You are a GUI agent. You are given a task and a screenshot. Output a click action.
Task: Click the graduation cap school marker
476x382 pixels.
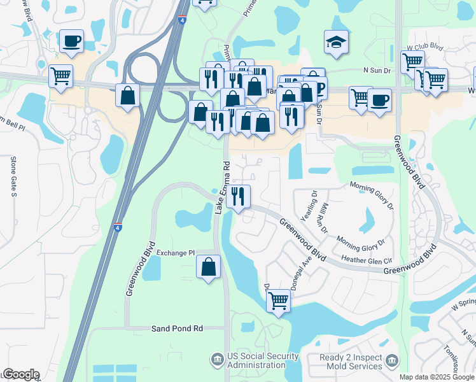[336, 41]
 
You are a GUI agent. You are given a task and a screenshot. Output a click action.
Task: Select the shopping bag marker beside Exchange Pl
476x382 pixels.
[209, 267]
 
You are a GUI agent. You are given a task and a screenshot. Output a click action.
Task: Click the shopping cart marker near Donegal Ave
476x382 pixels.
[278, 300]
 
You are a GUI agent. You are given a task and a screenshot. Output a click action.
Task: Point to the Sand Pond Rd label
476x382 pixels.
[177, 329]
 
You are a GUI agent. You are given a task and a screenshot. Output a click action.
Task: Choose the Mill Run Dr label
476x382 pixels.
[323, 217]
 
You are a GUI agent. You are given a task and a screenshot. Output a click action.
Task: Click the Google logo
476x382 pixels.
[21, 374]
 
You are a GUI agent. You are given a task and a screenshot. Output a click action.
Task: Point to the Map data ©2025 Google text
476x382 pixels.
[436, 377]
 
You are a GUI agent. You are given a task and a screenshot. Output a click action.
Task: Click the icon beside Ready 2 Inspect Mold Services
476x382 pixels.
[392, 361]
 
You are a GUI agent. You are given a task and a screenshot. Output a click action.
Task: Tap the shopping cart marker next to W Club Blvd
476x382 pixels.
[412, 62]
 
